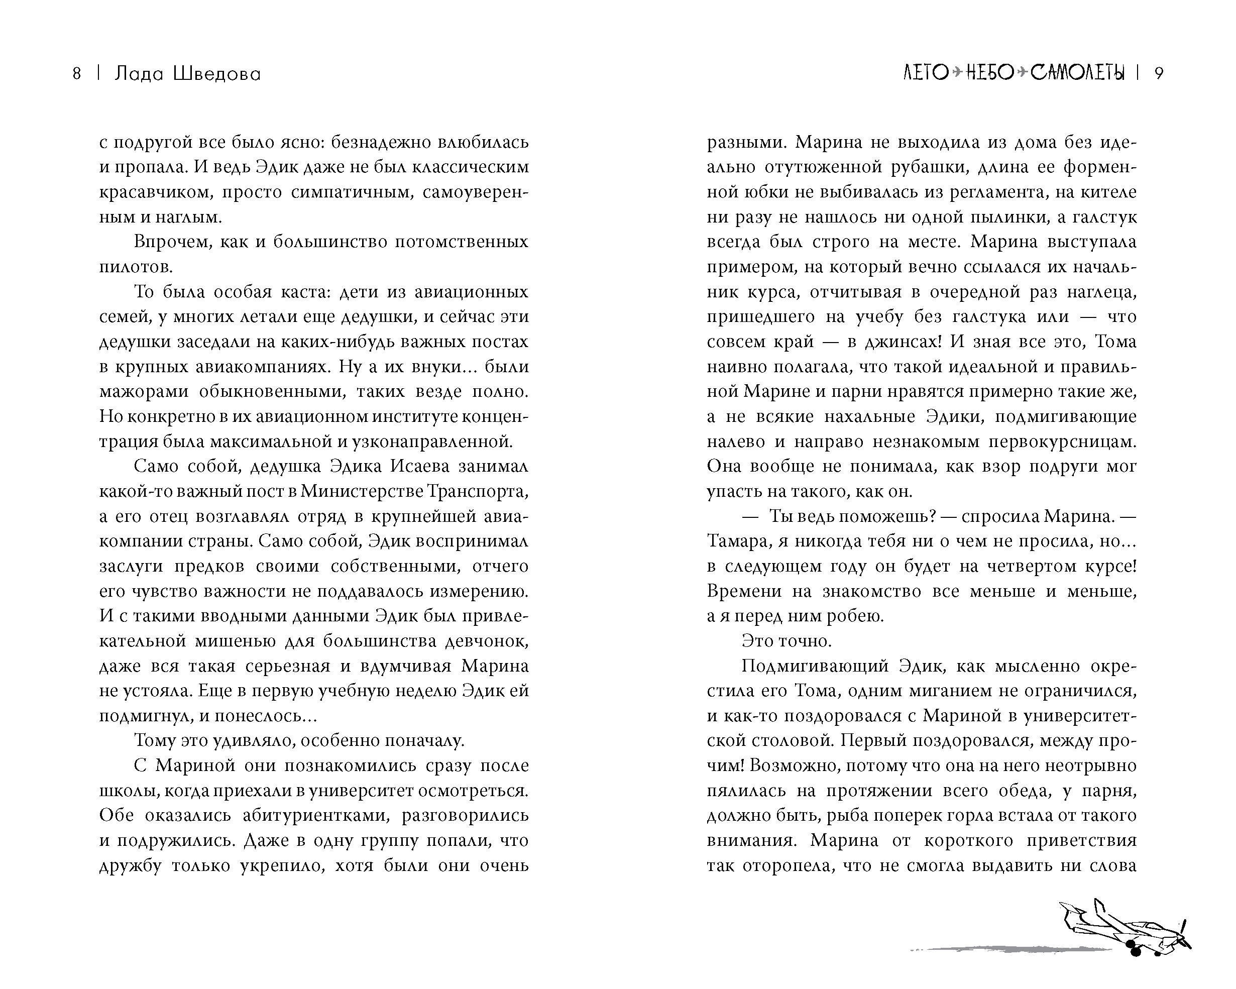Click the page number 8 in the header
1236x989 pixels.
tap(77, 74)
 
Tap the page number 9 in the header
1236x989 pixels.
tap(1158, 74)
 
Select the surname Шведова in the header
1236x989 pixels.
tap(216, 74)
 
